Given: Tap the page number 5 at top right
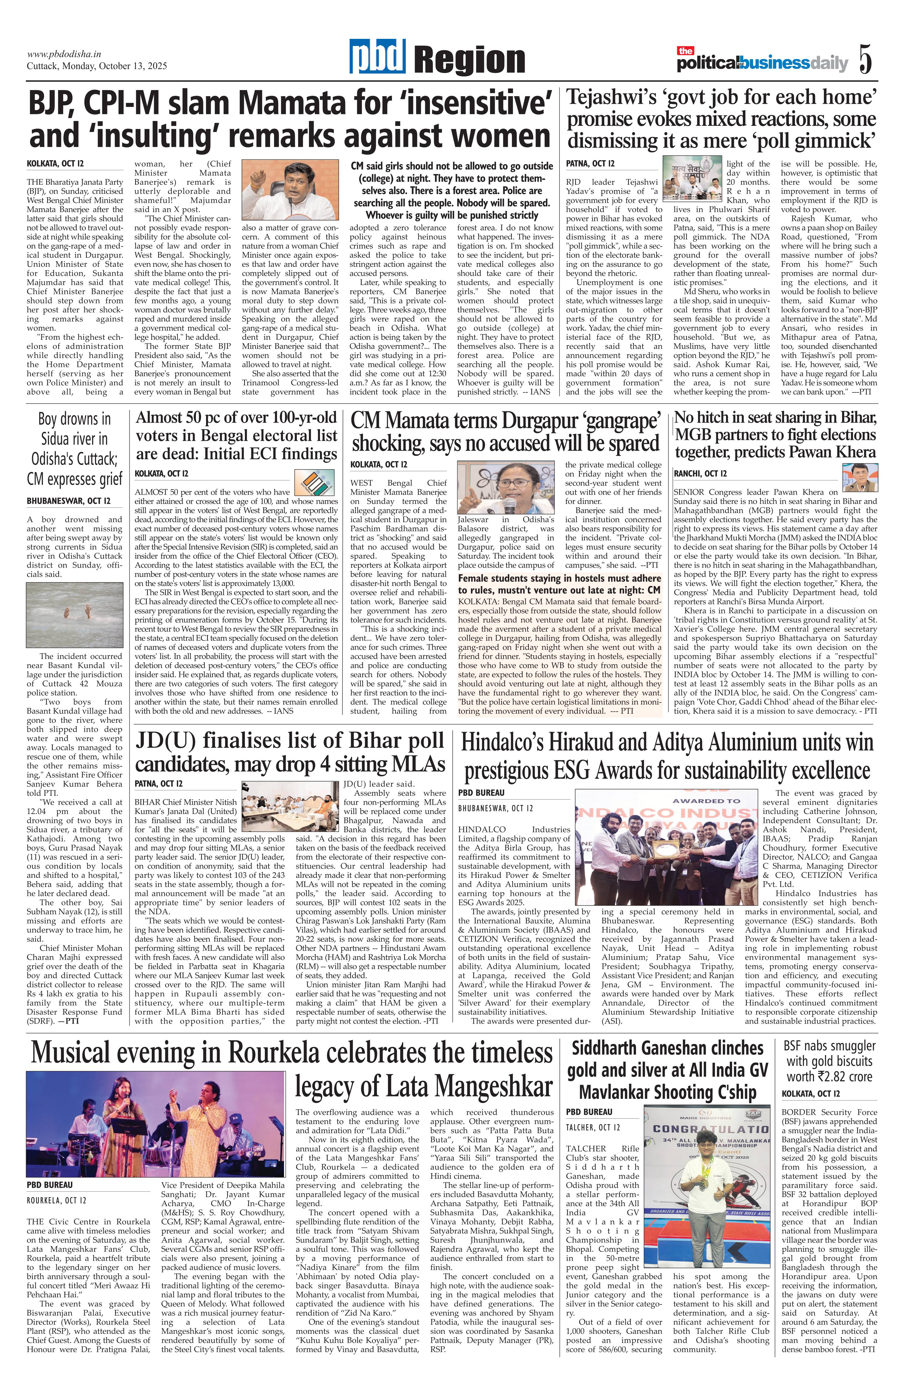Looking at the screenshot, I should [865, 59].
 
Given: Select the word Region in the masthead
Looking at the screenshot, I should [469, 61].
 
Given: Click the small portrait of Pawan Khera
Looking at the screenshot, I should [859, 478].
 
